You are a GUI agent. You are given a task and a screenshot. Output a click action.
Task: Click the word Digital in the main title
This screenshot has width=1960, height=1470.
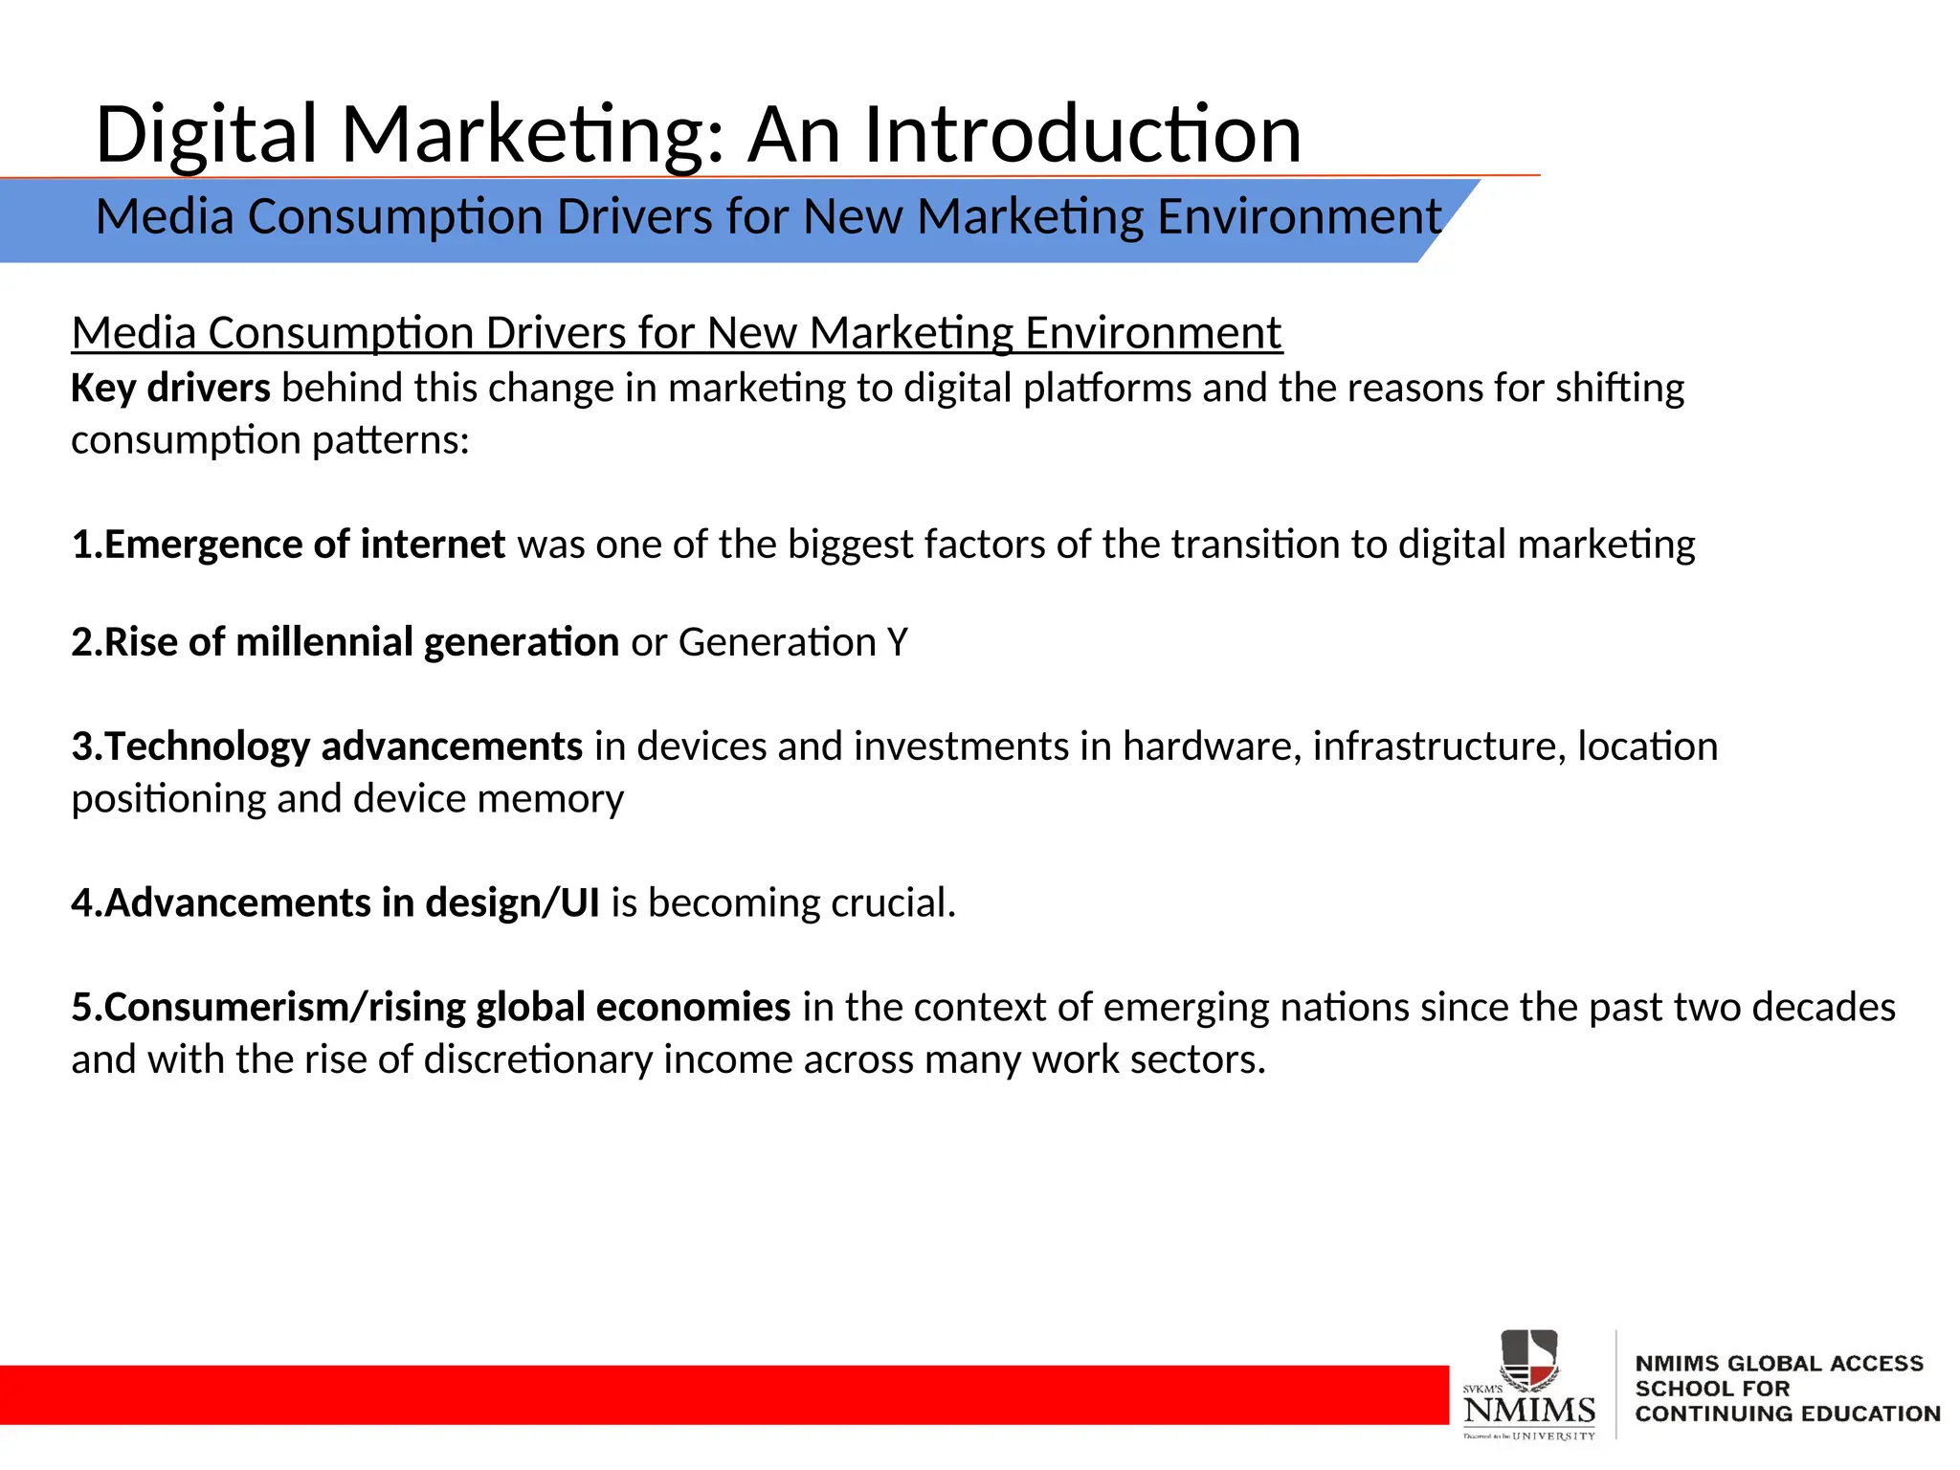click(x=206, y=135)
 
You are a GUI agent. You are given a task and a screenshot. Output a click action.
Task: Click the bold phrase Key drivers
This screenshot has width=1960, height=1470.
click(x=170, y=389)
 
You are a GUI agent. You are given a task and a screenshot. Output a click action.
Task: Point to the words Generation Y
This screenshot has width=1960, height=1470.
click(x=792, y=642)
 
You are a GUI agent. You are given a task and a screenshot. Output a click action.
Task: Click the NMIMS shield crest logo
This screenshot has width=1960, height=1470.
click(x=1528, y=1359)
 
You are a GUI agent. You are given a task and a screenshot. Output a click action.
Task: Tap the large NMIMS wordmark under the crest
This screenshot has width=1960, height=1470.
click(x=1529, y=1410)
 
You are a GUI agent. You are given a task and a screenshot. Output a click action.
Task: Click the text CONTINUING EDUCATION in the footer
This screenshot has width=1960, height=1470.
click(x=1787, y=1414)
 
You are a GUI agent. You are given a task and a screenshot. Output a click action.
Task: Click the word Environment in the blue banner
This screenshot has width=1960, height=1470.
click(x=1299, y=217)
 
